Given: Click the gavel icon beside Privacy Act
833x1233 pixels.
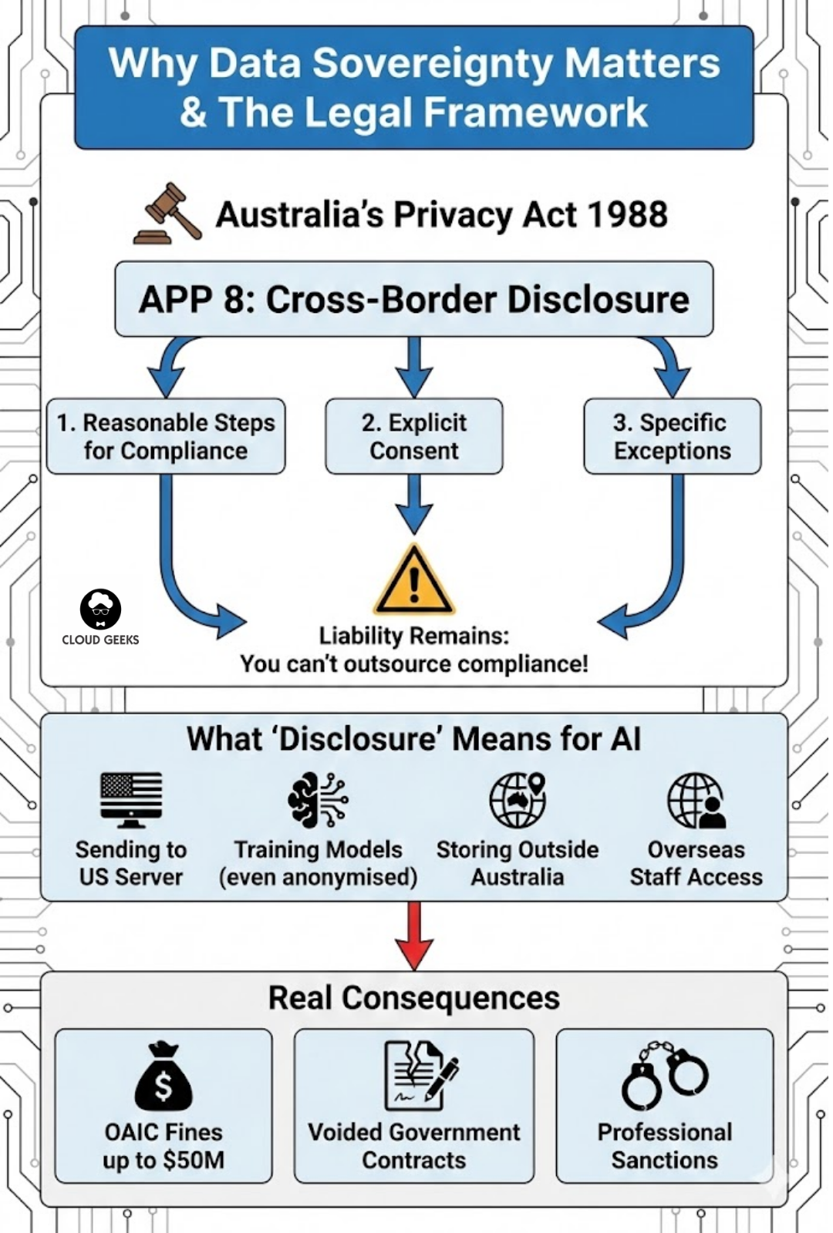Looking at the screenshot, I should [168, 214].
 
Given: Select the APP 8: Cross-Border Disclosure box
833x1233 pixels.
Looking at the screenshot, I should [414, 299].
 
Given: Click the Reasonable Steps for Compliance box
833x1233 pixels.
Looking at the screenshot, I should [166, 436].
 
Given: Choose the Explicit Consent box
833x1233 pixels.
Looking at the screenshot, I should [414, 436].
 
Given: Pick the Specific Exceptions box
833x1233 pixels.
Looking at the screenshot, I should [672, 436].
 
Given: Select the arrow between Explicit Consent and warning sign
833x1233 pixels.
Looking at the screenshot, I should [414, 504].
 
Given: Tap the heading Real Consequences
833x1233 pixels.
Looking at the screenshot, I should [414, 998].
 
